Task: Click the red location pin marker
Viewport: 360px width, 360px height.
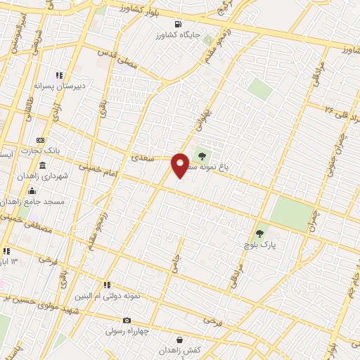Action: [180, 165]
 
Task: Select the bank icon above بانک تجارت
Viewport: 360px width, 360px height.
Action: [40, 141]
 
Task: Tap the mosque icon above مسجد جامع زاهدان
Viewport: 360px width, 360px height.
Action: [31, 191]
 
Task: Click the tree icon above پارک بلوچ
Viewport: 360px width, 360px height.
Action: [260, 233]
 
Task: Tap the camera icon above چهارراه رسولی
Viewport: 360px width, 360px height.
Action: [127, 321]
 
